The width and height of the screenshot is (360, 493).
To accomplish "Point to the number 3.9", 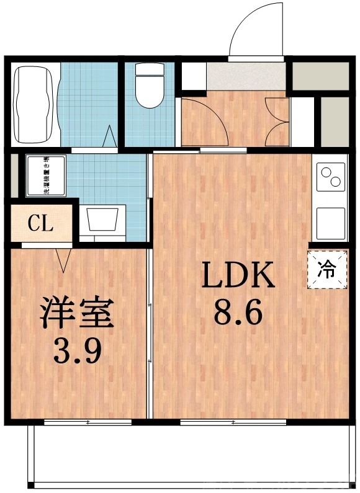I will [x=78, y=351].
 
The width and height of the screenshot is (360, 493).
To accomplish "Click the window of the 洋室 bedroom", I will [x=88, y=422].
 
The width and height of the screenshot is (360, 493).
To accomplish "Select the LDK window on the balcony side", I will [x=233, y=422].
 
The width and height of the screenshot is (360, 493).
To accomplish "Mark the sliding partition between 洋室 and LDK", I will [x=150, y=335].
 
